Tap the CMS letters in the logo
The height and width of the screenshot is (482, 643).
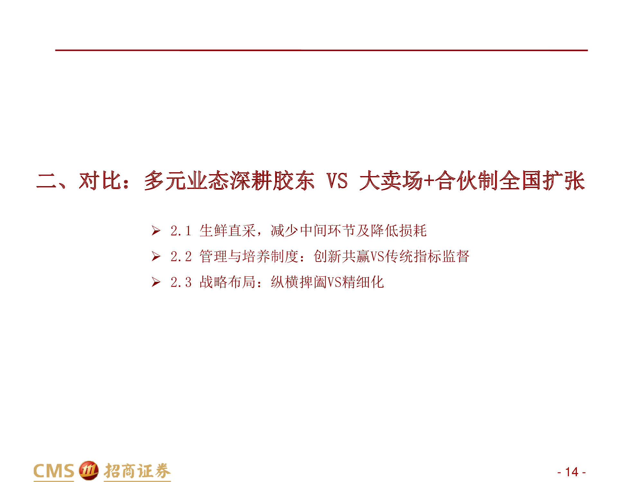coord(54,471)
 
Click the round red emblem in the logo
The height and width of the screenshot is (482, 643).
coord(88,471)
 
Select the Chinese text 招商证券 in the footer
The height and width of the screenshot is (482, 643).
coord(137,471)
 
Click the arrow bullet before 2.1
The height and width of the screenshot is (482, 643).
coord(156,231)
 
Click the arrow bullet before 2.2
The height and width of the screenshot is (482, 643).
coord(156,256)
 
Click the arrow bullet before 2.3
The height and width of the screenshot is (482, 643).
coord(156,282)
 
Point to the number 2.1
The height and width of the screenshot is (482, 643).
coord(181,231)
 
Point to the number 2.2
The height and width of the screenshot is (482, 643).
coord(181,256)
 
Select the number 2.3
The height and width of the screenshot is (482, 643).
coord(181,282)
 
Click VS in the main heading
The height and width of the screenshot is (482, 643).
coord(337,181)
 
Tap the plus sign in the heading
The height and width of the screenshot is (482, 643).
coord(429,181)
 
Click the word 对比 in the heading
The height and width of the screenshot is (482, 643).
coord(100,181)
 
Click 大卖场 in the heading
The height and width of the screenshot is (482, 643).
coord(391,181)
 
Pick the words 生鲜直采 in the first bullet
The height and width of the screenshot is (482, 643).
coord(227,231)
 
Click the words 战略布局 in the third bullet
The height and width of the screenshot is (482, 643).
coord(227,282)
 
